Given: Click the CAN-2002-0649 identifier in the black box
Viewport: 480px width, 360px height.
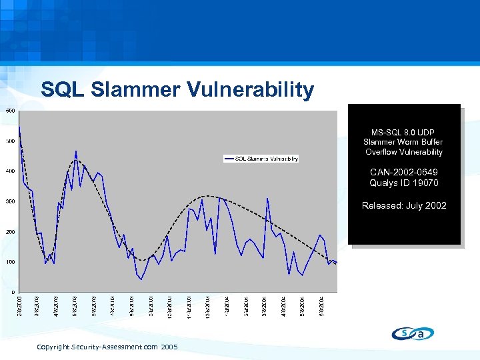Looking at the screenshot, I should (x=403, y=173).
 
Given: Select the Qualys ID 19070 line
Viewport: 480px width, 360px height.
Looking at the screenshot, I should (x=403, y=183).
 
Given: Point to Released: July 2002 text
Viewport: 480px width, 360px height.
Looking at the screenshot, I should (x=403, y=205).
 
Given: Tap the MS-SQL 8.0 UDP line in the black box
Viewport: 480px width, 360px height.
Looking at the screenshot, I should (x=403, y=131).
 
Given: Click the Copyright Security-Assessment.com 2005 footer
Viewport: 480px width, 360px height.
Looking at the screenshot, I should (x=107, y=347).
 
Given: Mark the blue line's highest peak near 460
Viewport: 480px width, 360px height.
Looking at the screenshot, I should (x=76, y=151).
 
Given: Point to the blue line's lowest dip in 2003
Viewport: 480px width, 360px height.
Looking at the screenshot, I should (x=141, y=279).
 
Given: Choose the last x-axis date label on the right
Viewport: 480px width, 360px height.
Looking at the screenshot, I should (x=323, y=305).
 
